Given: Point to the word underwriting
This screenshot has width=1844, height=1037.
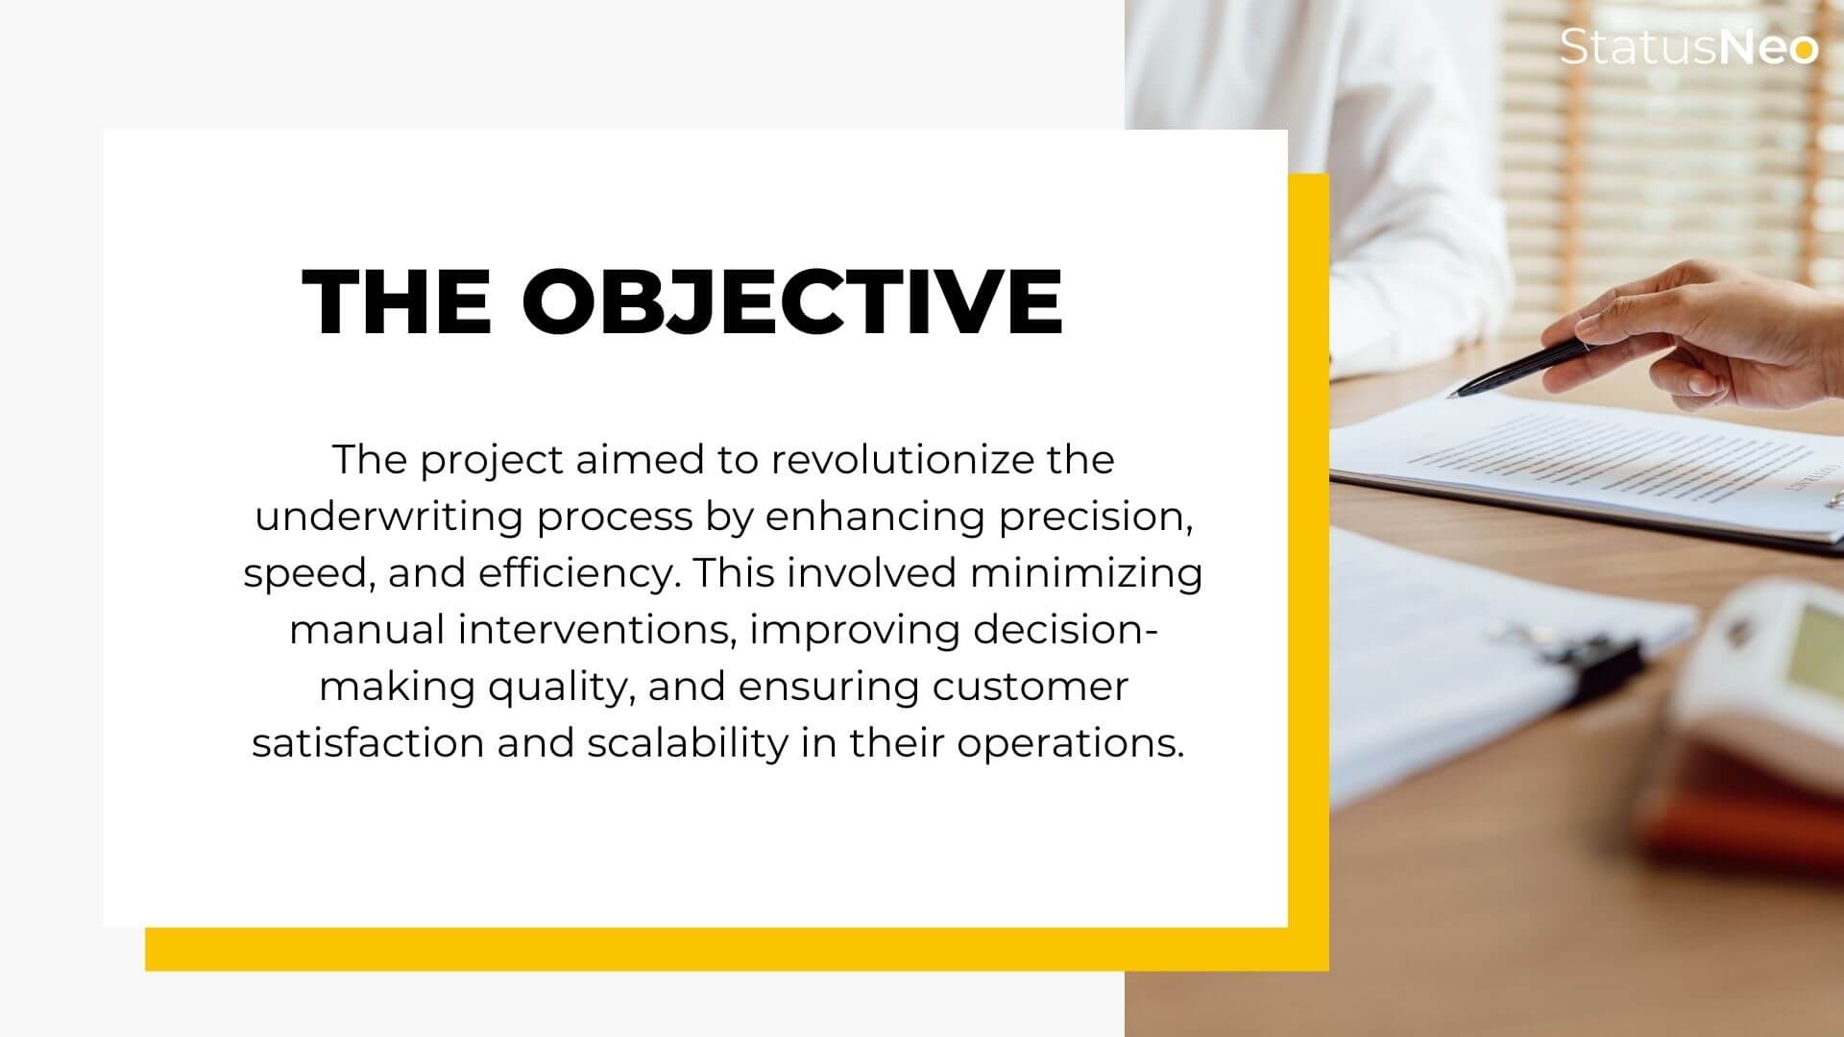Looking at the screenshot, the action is pos(389,518).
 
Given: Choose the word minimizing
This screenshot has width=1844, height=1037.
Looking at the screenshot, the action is pos(1086,573).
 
